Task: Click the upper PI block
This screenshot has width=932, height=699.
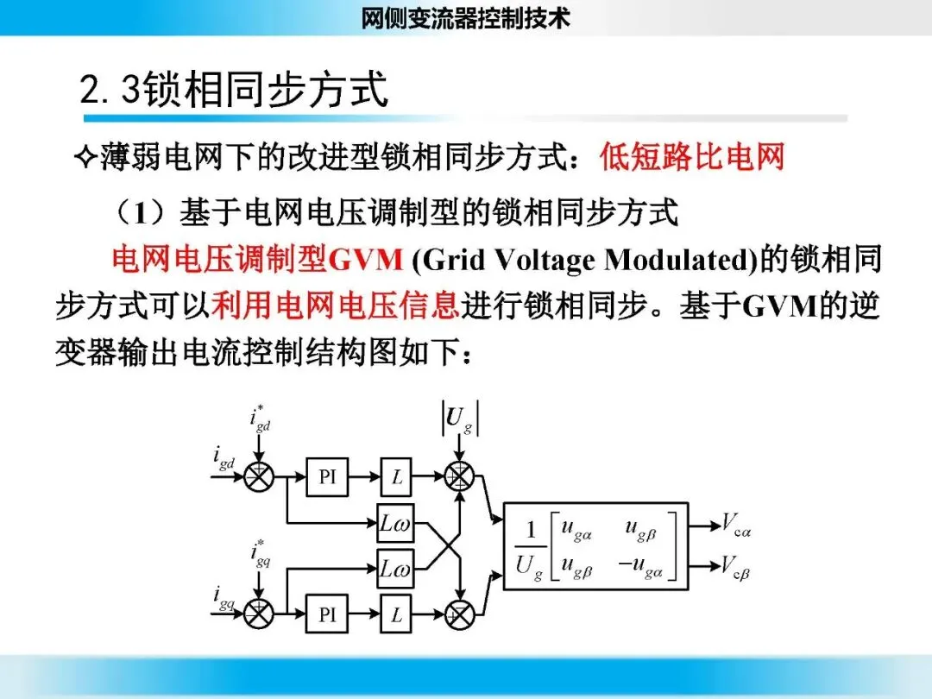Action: [327, 476]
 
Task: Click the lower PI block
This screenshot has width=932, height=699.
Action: [327, 614]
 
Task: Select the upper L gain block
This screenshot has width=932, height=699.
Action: [397, 476]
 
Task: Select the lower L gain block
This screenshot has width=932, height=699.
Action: [397, 614]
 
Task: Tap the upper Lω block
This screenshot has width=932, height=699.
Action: [395, 523]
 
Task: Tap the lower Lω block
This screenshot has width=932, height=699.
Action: [395, 569]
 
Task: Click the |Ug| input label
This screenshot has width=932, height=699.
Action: [461, 419]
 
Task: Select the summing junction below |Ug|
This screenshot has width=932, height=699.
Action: [461, 476]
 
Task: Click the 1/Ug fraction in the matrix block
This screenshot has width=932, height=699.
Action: [528, 546]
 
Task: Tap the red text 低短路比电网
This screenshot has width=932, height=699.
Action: [692, 158]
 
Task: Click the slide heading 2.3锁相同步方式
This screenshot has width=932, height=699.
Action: [234, 90]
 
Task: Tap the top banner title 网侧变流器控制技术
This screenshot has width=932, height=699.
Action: [466, 18]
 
